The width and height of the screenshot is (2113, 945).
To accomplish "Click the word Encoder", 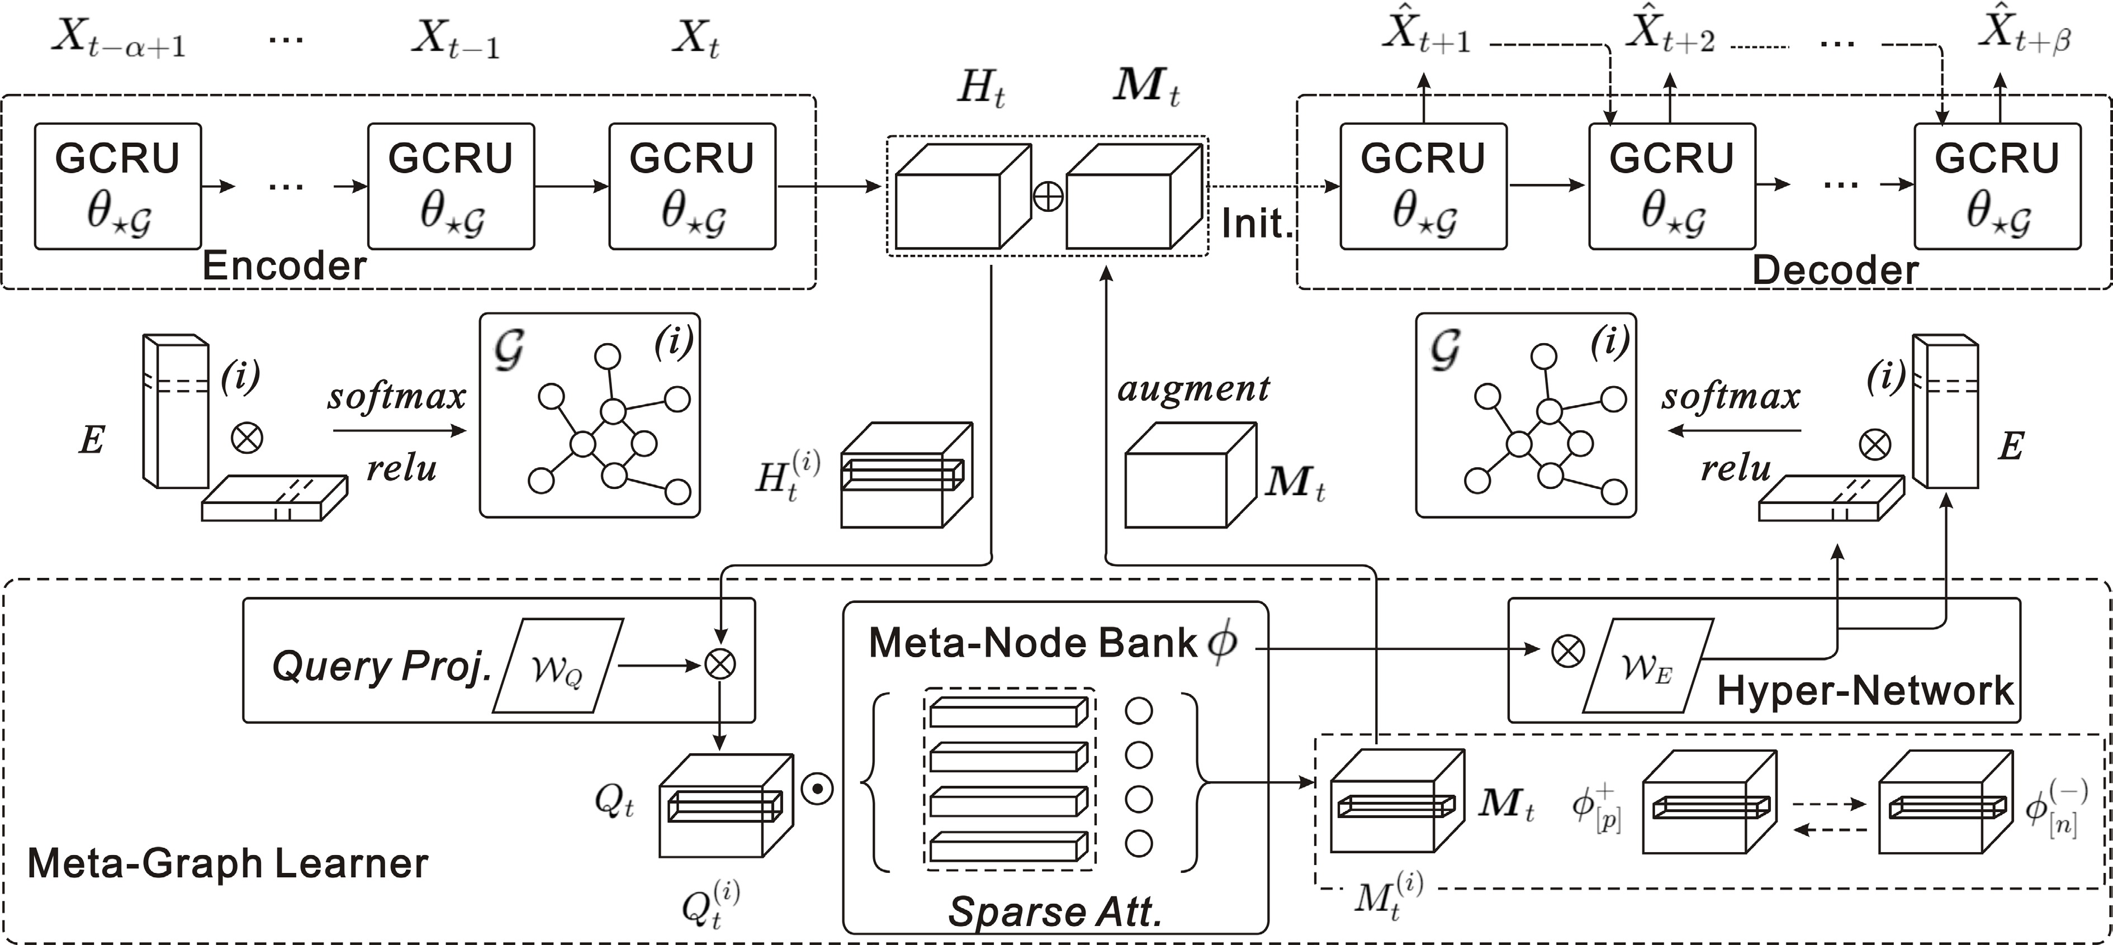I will [284, 266].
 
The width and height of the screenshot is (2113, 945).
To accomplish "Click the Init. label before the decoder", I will [1256, 223].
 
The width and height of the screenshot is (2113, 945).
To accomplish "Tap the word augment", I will [1193, 388].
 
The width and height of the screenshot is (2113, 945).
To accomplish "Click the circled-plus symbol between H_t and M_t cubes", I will [1048, 197].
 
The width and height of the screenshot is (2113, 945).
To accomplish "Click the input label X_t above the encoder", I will [695, 39].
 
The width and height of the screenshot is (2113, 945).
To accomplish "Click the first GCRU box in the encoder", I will [117, 186].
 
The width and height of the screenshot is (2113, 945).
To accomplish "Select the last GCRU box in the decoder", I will [1997, 186].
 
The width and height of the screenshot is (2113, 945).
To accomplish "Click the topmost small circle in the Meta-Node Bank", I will [1139, 710].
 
